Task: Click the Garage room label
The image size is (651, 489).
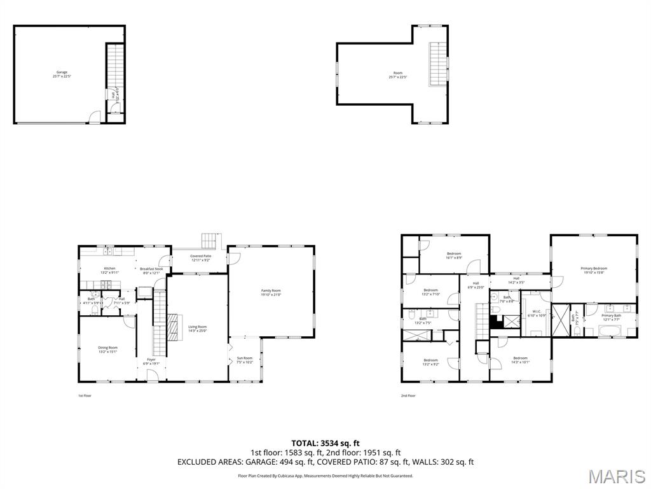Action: click(61, 73)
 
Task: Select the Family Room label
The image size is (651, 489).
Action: click(271, 290)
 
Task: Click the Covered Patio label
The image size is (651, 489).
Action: click(200, 256)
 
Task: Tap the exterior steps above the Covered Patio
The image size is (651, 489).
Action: click(210, 241)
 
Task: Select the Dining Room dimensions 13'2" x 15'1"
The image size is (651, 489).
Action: click(108, 351)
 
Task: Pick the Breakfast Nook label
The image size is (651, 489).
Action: click(152, 269)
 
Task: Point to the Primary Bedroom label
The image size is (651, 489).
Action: click(594, 269)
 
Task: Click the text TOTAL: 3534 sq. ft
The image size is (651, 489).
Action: click(325, 443)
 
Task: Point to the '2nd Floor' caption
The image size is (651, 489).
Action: click(408, 395)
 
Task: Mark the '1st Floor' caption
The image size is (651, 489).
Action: click(85, 395)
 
